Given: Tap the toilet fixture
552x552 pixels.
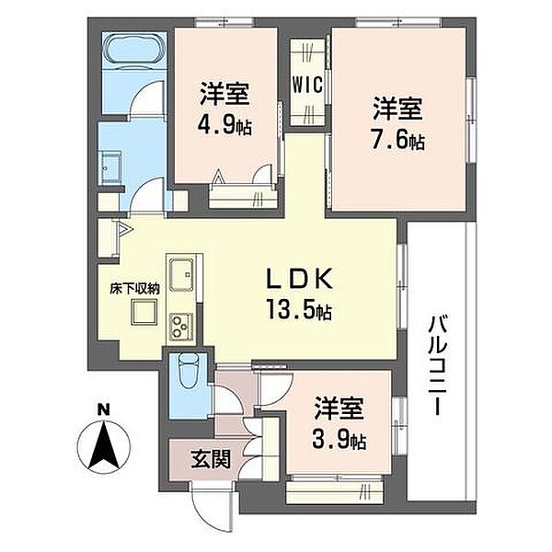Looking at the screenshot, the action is [189, 372].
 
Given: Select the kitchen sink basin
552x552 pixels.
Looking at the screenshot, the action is [181, 274].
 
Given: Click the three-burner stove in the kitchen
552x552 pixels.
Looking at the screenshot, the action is [181, 327].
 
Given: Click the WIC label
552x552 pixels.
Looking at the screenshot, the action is [307, 85].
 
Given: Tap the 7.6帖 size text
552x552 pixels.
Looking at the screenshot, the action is [398, 140].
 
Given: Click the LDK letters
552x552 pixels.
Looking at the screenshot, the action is [299, 279].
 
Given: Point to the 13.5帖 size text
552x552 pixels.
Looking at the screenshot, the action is [299, 309].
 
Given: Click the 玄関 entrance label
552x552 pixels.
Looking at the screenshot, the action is [211, 459].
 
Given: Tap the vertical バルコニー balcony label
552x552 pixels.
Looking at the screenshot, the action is [438, 366].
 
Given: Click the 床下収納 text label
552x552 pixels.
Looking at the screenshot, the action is [135, 289].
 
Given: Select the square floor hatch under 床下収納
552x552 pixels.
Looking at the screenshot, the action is [144, 312].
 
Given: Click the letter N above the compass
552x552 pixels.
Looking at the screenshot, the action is [103, 410].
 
